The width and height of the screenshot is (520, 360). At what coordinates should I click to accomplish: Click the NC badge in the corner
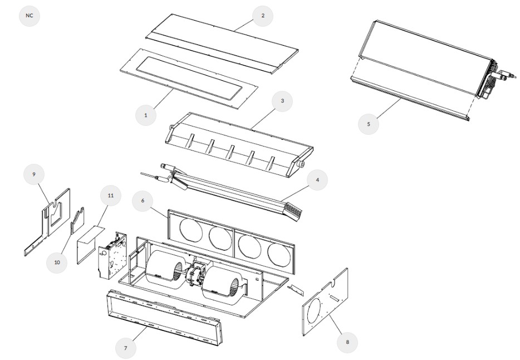(30, 16)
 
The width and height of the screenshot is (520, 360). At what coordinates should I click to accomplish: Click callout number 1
(146, 115)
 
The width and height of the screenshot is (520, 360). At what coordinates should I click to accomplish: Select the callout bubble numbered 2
(263, 16)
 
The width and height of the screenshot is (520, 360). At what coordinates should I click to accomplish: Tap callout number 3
(282, 101)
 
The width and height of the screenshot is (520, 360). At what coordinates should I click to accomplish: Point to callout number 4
(317, 180)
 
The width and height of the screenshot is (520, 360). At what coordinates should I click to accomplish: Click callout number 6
(144, 200)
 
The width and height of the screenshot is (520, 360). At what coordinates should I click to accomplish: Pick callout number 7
(126, 348)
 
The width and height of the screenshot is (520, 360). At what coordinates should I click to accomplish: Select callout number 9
(35, 174)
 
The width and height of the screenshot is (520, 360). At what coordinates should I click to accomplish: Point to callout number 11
(110, 196)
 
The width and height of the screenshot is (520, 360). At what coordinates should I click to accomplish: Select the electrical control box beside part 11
(112, 257)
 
